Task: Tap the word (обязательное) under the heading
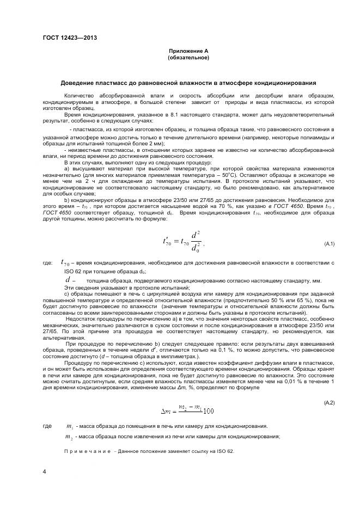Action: (x=188, y=57)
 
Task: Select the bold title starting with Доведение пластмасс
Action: (x=188, y=83)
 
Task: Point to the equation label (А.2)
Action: (x=329, y=402)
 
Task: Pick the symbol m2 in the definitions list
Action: (x=69, y=437)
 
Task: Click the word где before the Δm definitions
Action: (x=47, y=426)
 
